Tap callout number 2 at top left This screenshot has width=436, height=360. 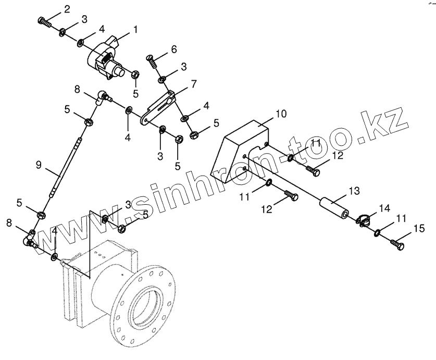coord(66,9)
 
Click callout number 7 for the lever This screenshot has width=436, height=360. coord(194,83)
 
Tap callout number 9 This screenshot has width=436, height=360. coord(39,165)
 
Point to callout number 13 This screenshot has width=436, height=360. coord(354,192)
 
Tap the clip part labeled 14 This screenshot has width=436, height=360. coord(365,220)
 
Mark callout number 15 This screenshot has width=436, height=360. coord(419,228)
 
